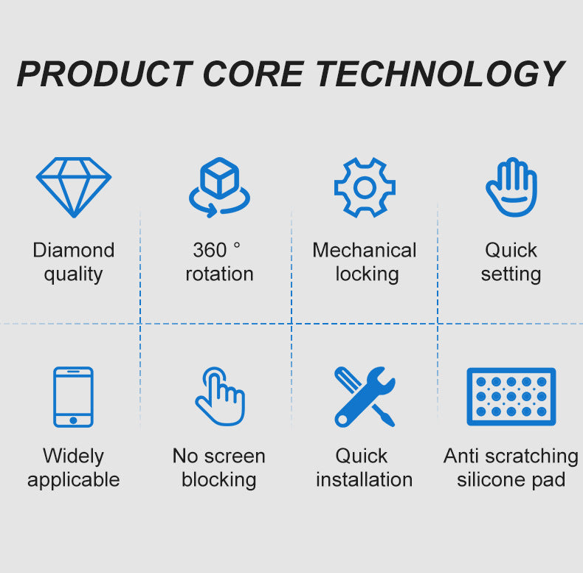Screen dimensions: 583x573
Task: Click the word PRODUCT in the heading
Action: click(106, 74)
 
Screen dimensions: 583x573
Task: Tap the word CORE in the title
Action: click(254, 74)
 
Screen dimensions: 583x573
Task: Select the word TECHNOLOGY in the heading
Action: click(441, 74)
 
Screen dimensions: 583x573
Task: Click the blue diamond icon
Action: click(74, 187)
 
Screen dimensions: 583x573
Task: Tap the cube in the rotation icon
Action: click(219, 178)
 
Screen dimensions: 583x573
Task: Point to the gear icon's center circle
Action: click(365, 187)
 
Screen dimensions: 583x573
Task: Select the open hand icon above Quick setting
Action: click(511, 187)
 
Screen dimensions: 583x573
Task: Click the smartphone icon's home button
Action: click(73, 420)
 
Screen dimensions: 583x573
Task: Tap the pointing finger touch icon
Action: click(221, 396)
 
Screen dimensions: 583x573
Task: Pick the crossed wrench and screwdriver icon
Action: click(365, 397)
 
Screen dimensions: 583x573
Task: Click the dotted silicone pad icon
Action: click(511, 397)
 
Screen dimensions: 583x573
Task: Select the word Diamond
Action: click(74, 250)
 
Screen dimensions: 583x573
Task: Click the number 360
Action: click(210, 250)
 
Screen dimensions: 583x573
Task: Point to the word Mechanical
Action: click(365, 250)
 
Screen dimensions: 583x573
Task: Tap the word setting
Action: click(511, 274)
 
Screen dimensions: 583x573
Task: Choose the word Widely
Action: click(73, 456)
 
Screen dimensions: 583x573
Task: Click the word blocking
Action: click(219, 480)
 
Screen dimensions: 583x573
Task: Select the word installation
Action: click(365, 480)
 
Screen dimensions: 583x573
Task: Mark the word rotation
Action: click(219, 274)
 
